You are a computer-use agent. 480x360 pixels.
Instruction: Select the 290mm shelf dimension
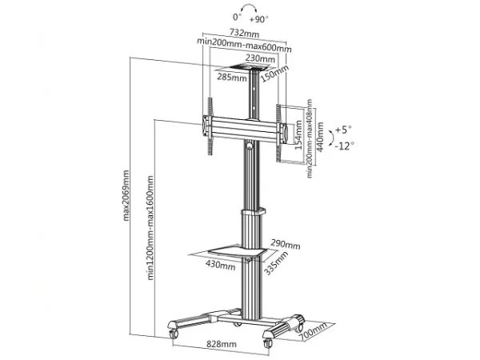pyautogui.click(x=285, y=243)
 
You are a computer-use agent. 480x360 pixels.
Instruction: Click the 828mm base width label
pyautogui.click(x=222, y=344)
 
